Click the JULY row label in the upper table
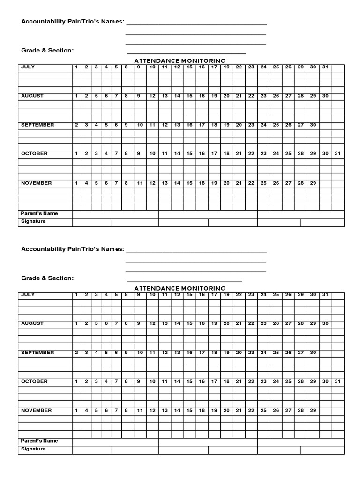point(28,67)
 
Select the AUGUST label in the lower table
point(32,323)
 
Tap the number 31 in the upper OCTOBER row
point(338,154)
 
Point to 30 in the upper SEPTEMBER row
point(313,125)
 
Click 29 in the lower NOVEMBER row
point(313,411)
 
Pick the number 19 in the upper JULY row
point(226,67)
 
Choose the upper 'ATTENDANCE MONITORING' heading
point(180,60)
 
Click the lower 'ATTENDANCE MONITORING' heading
point(180,288)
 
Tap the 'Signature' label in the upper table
point(33,221)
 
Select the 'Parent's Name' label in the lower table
point(39,441)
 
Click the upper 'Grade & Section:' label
point(47,51)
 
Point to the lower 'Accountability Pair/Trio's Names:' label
point(73,249)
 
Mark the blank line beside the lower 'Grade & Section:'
point(184,281)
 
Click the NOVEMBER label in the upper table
point(36,183)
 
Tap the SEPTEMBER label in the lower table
point(37,352)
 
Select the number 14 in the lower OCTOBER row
point(177,382)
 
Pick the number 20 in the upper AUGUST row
point(226,96)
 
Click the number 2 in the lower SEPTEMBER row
point(76,352)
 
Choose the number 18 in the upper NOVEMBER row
point(202,183)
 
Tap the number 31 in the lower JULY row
point(325,295)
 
